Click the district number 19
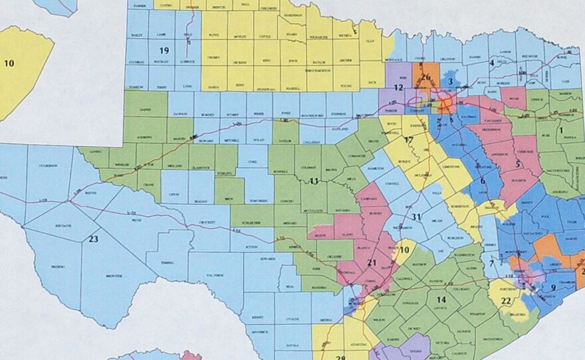point(164,51)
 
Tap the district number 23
point(94,239)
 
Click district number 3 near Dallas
point(450,81)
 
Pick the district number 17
point(409,140)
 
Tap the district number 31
point(416,217)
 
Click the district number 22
point(507,301)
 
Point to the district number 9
point(553,287)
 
